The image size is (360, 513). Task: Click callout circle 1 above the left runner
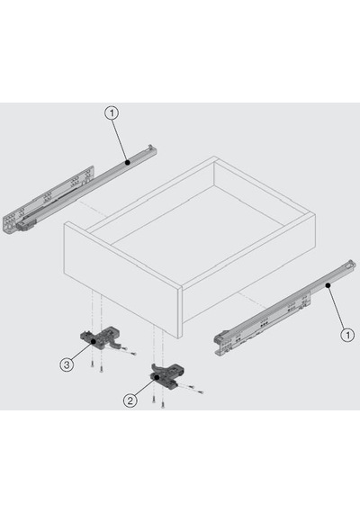click(112, 113)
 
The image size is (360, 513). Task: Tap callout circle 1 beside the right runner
click(347, 335)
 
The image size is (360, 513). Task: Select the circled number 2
click(130, 400)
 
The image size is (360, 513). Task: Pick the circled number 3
click(67, 364)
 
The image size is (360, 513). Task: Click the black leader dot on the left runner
click(128, 162)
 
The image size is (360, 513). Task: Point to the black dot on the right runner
click(328, 285)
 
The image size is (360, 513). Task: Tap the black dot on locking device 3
click(94, 342)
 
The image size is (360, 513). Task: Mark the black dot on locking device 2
click(157, 377)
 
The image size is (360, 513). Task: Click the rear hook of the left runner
click(152, 148)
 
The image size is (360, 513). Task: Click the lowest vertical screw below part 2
click(162, 405)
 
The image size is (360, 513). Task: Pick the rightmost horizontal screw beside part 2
click(199, 391)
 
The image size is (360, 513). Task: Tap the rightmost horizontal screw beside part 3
click(132, 353)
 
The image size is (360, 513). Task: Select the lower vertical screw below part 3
click(101, 369)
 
